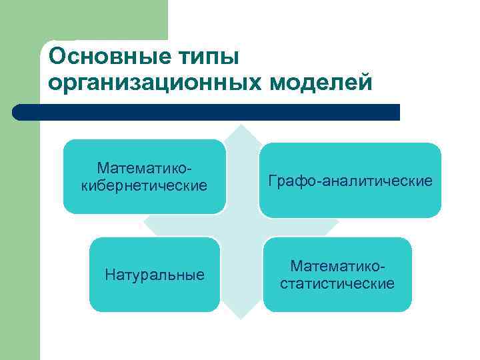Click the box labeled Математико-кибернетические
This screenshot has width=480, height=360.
coord(144,176)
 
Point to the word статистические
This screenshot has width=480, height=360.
coord(337,284)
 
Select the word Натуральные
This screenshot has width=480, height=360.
coord(155,275)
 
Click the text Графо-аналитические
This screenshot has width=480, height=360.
coord(350,181)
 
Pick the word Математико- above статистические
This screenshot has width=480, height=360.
coord(337,267)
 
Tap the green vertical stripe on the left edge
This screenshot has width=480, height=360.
coord(20,233)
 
